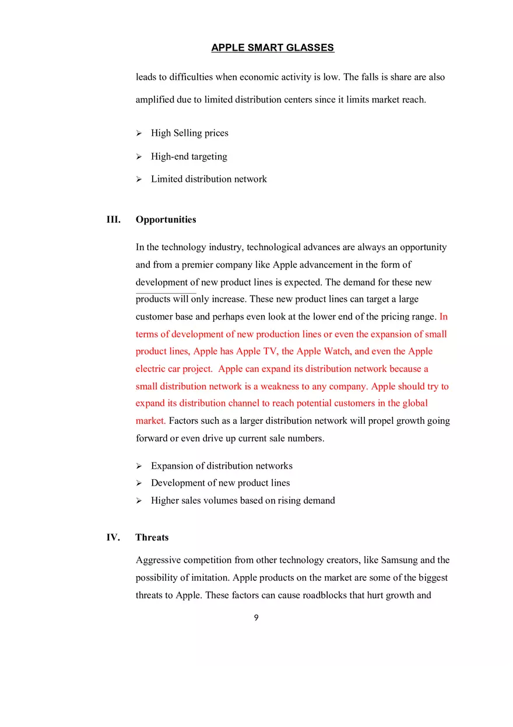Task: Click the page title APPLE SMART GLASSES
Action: (x=272, y=48)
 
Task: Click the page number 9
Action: (x=256, y=618)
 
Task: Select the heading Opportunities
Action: (x=166, y=220)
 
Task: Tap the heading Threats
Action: (x=152, y=538)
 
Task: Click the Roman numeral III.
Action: (x=113, y=220)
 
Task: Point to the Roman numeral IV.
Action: (x=113, y=538)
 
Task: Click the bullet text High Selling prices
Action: (x=189, y=133)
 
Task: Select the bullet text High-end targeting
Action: (x=189, y=156)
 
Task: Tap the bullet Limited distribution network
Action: (x=209, y=179)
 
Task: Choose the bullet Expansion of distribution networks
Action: (x=222, y=466)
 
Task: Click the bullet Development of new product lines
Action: (x=220, y=483)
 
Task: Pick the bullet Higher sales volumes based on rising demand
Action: (x=243, y=500)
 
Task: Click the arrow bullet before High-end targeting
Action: (x=139, y=157)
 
